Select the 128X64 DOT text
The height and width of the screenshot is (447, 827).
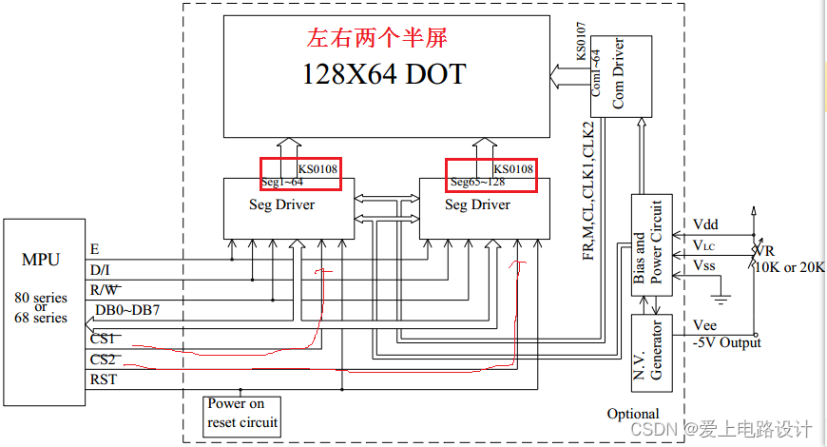coord(384,73)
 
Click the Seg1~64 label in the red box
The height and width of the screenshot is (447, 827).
coord(282,182)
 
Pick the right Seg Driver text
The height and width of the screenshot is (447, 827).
coord(477,204)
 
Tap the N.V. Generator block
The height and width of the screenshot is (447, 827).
coord(652,353)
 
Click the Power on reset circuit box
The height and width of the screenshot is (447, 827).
coord(243,413)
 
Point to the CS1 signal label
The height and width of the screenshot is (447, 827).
coord(103,339)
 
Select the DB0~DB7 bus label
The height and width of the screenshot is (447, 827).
coord(125,310)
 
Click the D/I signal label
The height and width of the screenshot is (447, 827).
coord(99,270)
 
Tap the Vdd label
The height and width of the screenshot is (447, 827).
coord(705,223)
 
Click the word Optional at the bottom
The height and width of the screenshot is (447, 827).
coord(633,414)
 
